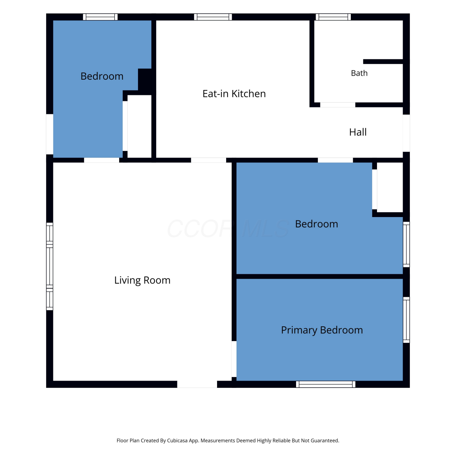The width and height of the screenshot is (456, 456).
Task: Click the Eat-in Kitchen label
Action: [234, 94]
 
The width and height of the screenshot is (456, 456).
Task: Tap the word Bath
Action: [359, 73]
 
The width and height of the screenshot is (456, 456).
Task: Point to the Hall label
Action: [358, 132]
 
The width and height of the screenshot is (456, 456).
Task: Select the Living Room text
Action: [142, 280]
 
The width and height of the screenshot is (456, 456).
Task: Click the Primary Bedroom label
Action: [322, 330]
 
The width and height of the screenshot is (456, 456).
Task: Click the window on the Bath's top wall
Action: [333, 17]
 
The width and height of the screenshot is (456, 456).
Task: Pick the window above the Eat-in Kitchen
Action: [213, 17]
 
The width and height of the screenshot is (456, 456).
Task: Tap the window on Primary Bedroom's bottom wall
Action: [326, 384]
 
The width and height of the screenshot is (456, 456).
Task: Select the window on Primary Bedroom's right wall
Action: [406, 320]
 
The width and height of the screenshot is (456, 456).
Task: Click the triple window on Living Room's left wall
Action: [50, 266]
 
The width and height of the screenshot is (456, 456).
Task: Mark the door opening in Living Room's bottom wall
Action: [197, 384]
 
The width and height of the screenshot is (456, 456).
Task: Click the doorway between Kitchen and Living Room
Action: [209, 160]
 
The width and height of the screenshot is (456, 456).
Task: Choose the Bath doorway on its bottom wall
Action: [338, 105]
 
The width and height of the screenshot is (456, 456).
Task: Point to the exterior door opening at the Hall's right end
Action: [406, 133]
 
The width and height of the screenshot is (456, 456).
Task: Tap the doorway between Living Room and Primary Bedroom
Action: [234, 359]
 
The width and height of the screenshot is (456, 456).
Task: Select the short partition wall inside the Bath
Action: [383, 61]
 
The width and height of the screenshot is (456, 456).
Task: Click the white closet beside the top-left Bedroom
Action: [140, 126]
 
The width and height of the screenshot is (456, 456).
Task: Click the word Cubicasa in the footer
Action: [177, 440]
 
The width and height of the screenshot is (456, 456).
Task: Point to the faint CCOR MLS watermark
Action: [228, 229]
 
